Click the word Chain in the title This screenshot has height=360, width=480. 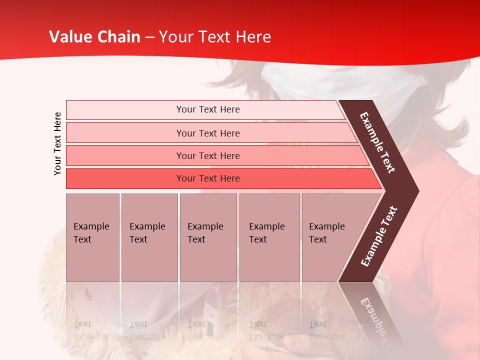pyautogui.click(x=119, y=37)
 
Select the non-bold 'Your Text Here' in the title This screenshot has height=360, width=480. pyautogui.click(x=215, y=37)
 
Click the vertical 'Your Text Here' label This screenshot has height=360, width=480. pyautogui.click(x=57, y=143)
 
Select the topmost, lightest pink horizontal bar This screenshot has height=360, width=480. pyautogui.click(x=207, y=109)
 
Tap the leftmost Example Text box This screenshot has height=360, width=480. pyautogui.click(x=92, y=237)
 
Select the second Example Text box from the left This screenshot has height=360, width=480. pyautogui.click(x=149, y=237)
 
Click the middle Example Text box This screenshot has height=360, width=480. pyautogui.click(x=208, y=237)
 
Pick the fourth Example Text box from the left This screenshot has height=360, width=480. pyautogui.click(x=269, y=237)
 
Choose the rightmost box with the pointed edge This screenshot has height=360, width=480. pyautogui.click(x=332, y=237)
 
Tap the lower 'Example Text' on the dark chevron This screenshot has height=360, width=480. pyautogui.click(x=379, y=236)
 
